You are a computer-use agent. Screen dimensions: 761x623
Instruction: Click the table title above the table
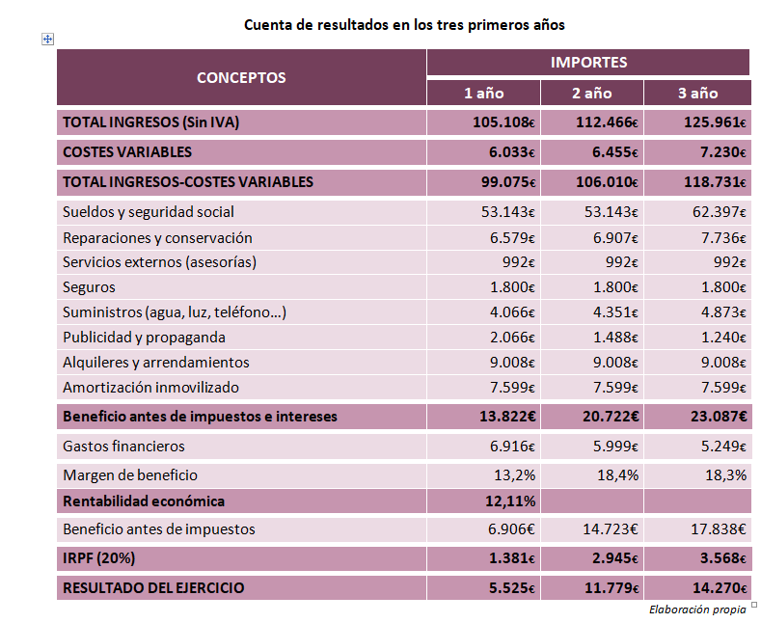pos(404,25)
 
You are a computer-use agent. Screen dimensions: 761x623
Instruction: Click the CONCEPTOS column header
pos(241,77)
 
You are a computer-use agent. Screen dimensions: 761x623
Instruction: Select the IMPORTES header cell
pos(588,62)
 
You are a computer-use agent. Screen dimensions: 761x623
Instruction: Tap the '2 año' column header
pos(591,93)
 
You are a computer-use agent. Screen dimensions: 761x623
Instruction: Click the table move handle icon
pos(47,40)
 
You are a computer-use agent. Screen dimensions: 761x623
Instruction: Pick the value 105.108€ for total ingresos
pos(503,122)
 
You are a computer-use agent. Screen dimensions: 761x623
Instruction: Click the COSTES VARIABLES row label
pos(127,151)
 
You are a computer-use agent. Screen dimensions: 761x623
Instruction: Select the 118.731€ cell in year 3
pos(715,182)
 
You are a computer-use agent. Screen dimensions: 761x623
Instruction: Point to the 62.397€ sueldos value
pos(719,212)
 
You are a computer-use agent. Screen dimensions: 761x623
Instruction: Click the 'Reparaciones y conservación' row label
pos(157,238)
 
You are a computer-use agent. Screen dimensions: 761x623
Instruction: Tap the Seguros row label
pos(89,287)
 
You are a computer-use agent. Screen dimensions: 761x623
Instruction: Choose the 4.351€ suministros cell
pos(615,312)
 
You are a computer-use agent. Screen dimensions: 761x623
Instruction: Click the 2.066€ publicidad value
pos(512,338)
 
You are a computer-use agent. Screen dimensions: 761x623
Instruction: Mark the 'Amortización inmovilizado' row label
pos(150,387)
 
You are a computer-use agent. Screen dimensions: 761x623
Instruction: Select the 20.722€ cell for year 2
pos(611,417)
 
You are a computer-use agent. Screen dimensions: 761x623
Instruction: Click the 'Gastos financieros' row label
pos(123,446)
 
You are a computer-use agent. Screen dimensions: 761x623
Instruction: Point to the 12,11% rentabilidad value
pos(510,501)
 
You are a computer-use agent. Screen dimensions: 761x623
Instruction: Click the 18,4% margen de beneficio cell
pos(618,475)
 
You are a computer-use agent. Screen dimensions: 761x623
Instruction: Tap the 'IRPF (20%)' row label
pos(99,558)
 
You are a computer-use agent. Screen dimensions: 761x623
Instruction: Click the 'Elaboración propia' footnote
pos(697,609)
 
